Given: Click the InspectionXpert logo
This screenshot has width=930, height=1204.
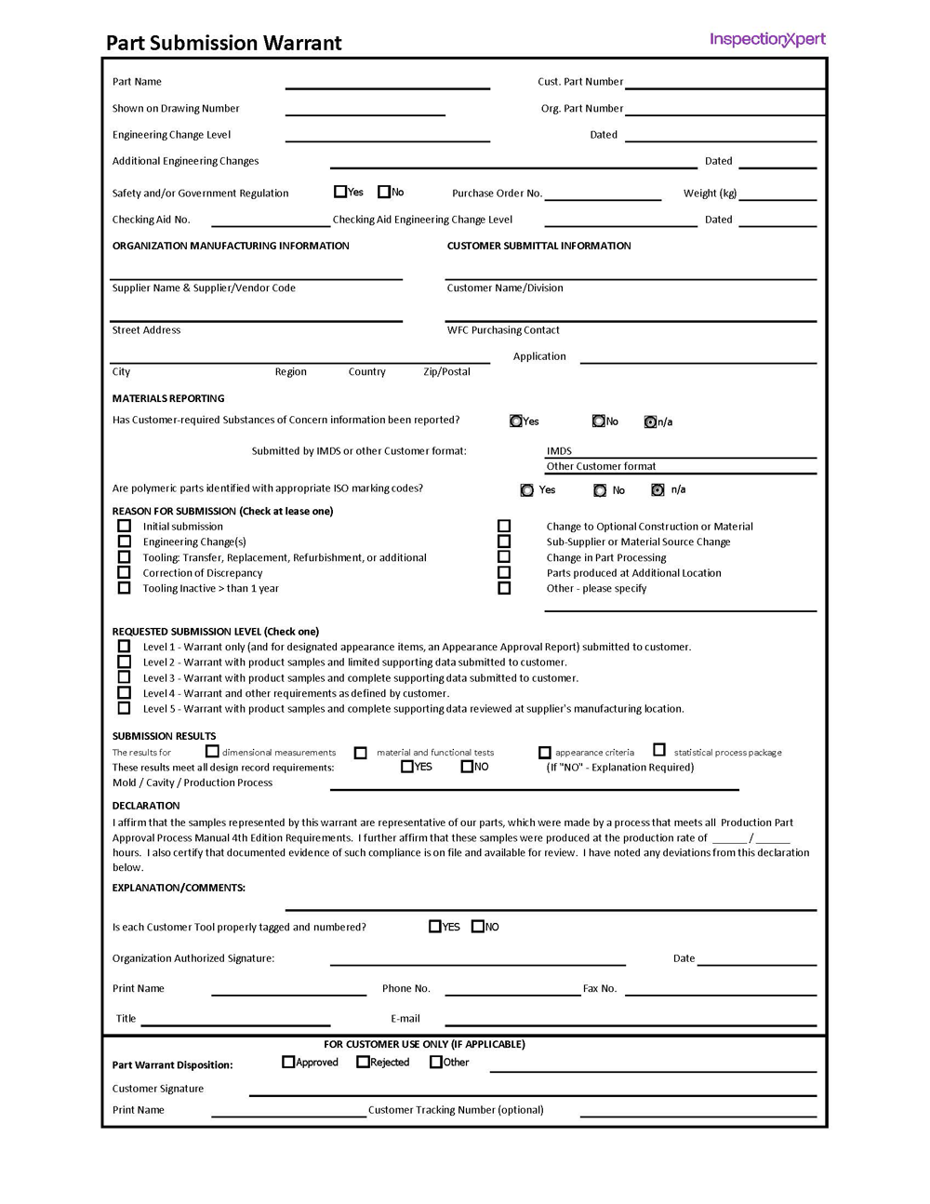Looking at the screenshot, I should click(x=767, y=39).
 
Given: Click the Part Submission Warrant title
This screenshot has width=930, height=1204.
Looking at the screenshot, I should click(x=223, y=43).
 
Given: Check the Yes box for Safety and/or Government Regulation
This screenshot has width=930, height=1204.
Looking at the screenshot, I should click(x=340, y=192).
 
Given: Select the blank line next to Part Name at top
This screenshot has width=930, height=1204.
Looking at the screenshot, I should click(x=387, y=82).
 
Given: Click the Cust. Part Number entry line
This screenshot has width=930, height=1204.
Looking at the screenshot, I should click(x=725, y=82).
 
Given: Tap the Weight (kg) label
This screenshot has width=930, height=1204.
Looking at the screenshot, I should click(x=710, y=194).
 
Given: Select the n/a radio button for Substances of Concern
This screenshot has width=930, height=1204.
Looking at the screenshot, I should click(x=650, y=421).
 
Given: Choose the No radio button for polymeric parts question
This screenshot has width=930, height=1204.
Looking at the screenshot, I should click(x=600, y=490).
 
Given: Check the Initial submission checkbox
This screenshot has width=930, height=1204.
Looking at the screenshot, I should click(x=124, y=526).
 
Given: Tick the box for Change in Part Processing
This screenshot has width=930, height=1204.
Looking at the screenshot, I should click(x=504, y=556).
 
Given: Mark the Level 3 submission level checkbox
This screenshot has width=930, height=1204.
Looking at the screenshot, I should click(x=124, y=677).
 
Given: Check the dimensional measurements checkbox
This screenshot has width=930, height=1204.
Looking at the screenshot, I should click(x=212, y=751).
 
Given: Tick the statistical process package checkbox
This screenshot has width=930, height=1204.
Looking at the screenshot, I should click(x=659, y=749).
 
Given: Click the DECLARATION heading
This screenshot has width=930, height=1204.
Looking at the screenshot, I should click(x=146, y=806).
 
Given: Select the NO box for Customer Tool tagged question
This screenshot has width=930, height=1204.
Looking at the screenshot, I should click(x=478, y=926).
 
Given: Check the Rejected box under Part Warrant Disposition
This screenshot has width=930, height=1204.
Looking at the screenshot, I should click(x=363, y=1062).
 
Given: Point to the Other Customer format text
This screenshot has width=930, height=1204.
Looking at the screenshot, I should click(x=601, y=466).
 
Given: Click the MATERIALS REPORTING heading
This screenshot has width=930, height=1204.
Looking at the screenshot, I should click(x=168, y=398).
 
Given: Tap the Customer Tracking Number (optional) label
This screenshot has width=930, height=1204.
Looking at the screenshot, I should click(x=456, y=1110).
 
